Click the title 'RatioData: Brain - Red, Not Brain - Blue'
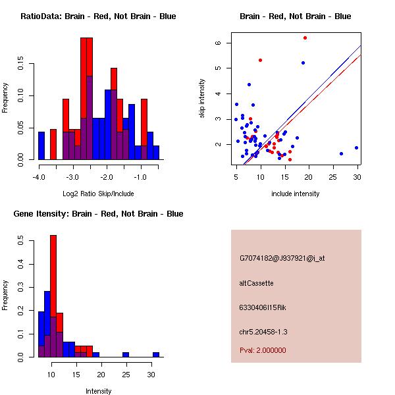click(x=98, y=16)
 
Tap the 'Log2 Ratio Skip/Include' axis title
click(x=98, y=194)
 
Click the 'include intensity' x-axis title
click(x=296, y=194)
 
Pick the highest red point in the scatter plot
click(x=305, y=38)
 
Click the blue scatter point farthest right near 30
click(x=356, y=148)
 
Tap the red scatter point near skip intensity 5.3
click(x=261, y=60)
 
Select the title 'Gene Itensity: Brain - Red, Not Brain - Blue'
click(x=98, y=214)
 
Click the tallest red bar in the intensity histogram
click(x=53, y=296)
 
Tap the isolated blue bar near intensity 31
click(x=156, y=354)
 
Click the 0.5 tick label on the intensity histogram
click(x=22, y=242)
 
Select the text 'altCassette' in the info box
click(x=257, y=283)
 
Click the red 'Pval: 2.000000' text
click(x=263, y=350)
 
